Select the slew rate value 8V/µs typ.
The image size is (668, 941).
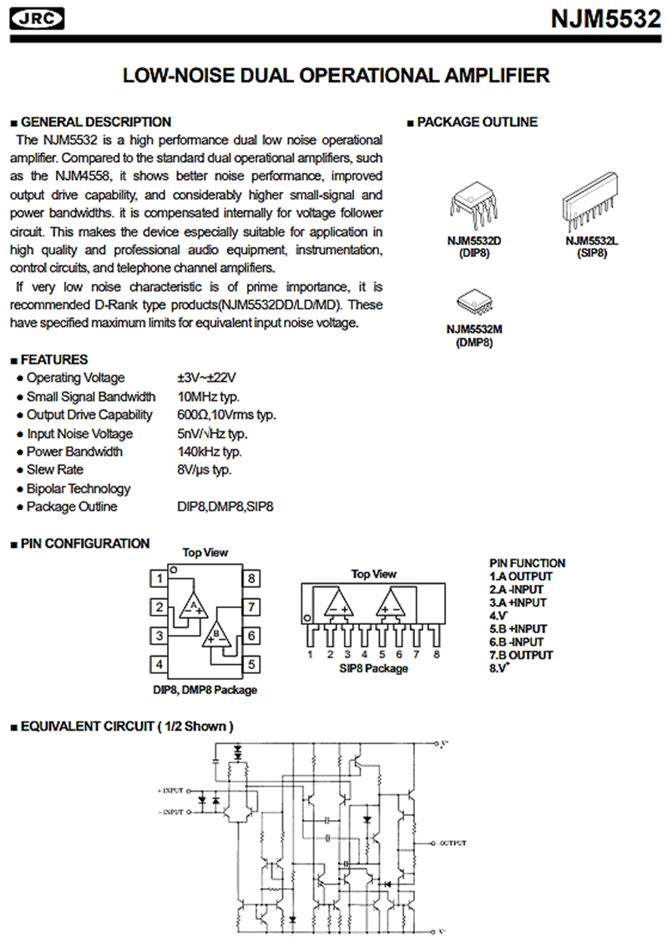pos(205,470)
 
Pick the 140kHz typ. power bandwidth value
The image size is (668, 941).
pos(210,451)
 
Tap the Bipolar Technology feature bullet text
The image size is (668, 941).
pos(78,488)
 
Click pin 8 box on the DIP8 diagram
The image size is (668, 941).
pos(250,578)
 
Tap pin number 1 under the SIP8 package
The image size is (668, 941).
pos(309,654)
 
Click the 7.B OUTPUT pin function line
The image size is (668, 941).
pos(521,655)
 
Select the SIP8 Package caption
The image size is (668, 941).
pos(373,668)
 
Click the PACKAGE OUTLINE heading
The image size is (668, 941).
pos(477,122)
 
